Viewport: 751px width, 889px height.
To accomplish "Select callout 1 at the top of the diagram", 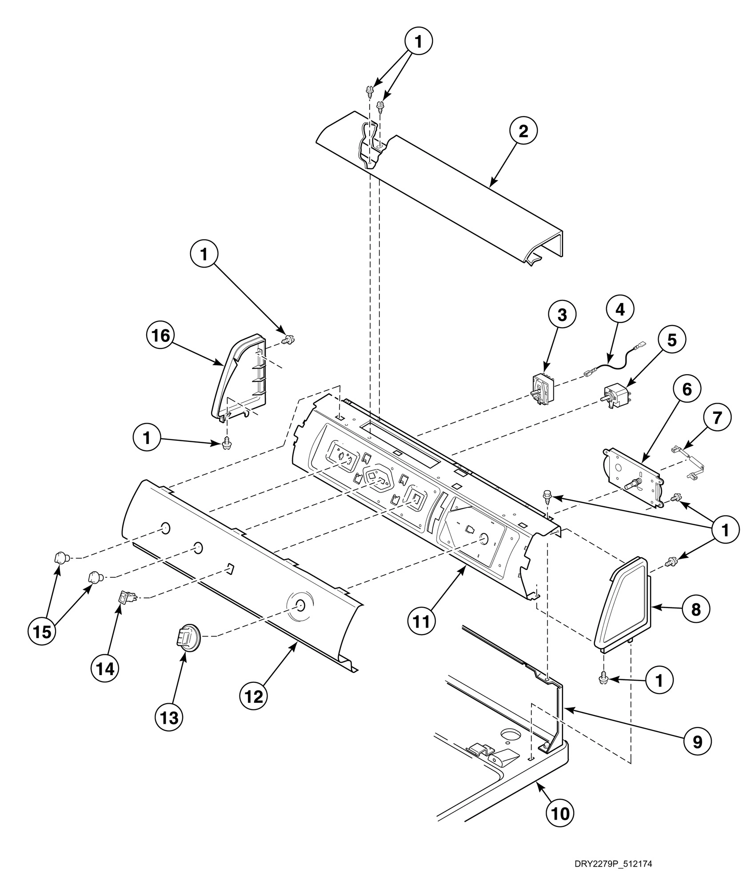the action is pyautogui.click(x=418, y=42).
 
